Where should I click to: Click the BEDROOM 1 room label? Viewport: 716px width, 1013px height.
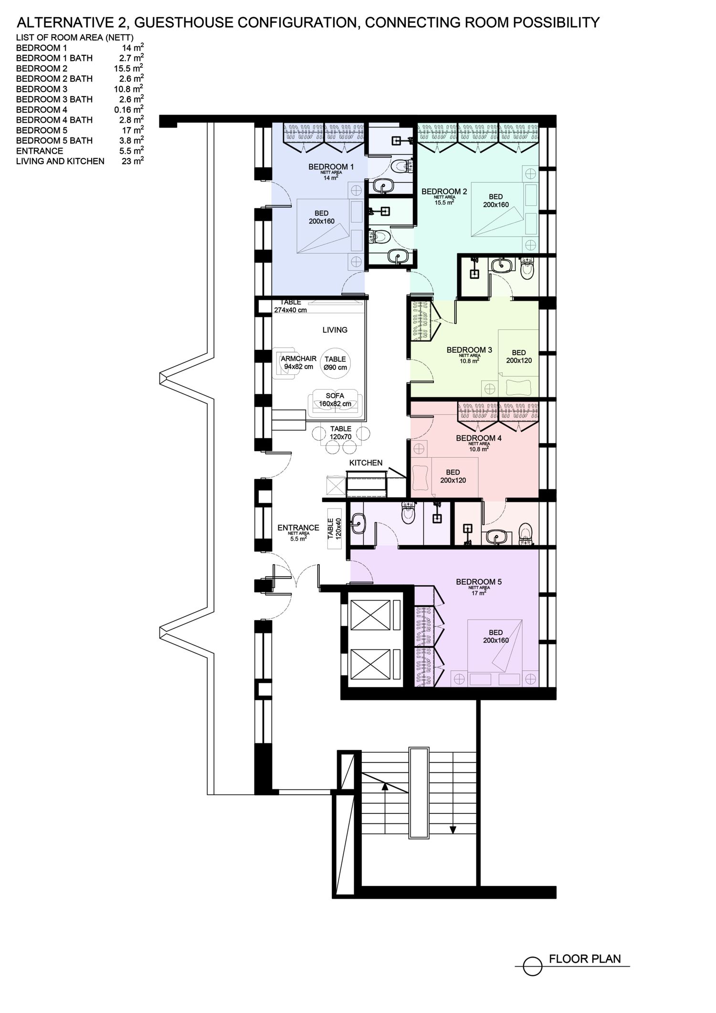click(331, 167)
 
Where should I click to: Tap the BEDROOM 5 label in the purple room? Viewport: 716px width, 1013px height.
click(479, 582)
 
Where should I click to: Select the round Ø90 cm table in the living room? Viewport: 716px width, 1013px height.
click(335, 363)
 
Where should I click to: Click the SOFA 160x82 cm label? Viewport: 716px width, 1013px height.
click(335, 400)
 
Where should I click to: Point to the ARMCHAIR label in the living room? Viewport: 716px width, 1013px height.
click(298, 359)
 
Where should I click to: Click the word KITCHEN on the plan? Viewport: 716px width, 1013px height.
click(366, 463)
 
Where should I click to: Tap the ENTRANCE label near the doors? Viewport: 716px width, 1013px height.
click(298, 528)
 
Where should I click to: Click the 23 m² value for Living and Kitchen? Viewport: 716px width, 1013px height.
click(133, 161)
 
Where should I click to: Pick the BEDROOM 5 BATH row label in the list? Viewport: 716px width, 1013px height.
click(54, 140)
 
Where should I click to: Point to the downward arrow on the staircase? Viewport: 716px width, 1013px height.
click(453, 830)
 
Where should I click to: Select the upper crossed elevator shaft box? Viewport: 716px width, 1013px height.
click(371, 615)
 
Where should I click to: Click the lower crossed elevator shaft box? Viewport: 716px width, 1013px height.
click(371, 665)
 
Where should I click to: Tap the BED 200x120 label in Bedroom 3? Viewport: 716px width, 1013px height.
click(519, 357)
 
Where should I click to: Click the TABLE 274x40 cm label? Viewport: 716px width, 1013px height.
click(290, 306)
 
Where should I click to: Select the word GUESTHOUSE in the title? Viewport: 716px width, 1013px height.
click(190, 22)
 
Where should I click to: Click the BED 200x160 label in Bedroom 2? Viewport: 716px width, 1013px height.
click(495, 200)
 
